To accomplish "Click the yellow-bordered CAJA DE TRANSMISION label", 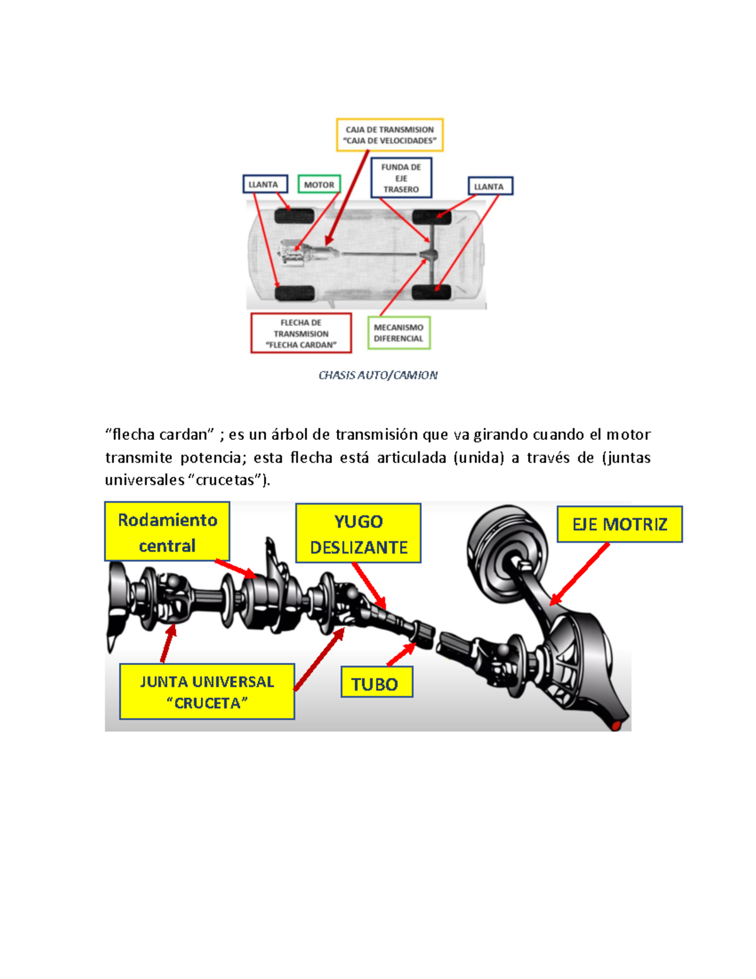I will point(389,135).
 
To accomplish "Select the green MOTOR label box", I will point(319,185).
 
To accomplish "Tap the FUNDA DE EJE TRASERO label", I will point(401,178).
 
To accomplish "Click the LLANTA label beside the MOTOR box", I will point(265,184).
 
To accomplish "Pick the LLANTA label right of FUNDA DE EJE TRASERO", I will point(490,187).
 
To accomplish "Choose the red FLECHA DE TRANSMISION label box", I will point(301,333).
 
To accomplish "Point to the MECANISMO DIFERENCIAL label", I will point(399,333).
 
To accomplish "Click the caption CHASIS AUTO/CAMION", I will point(378,376).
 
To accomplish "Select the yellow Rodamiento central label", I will point(167,532).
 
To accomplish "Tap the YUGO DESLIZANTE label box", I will point(358,534).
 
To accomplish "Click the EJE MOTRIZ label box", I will point(619,524).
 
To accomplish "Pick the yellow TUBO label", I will point(376,683).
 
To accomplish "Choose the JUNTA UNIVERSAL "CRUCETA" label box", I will point(207,692).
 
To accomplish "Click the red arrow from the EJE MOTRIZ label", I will point(581,574).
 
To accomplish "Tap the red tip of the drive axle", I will point(617,726).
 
